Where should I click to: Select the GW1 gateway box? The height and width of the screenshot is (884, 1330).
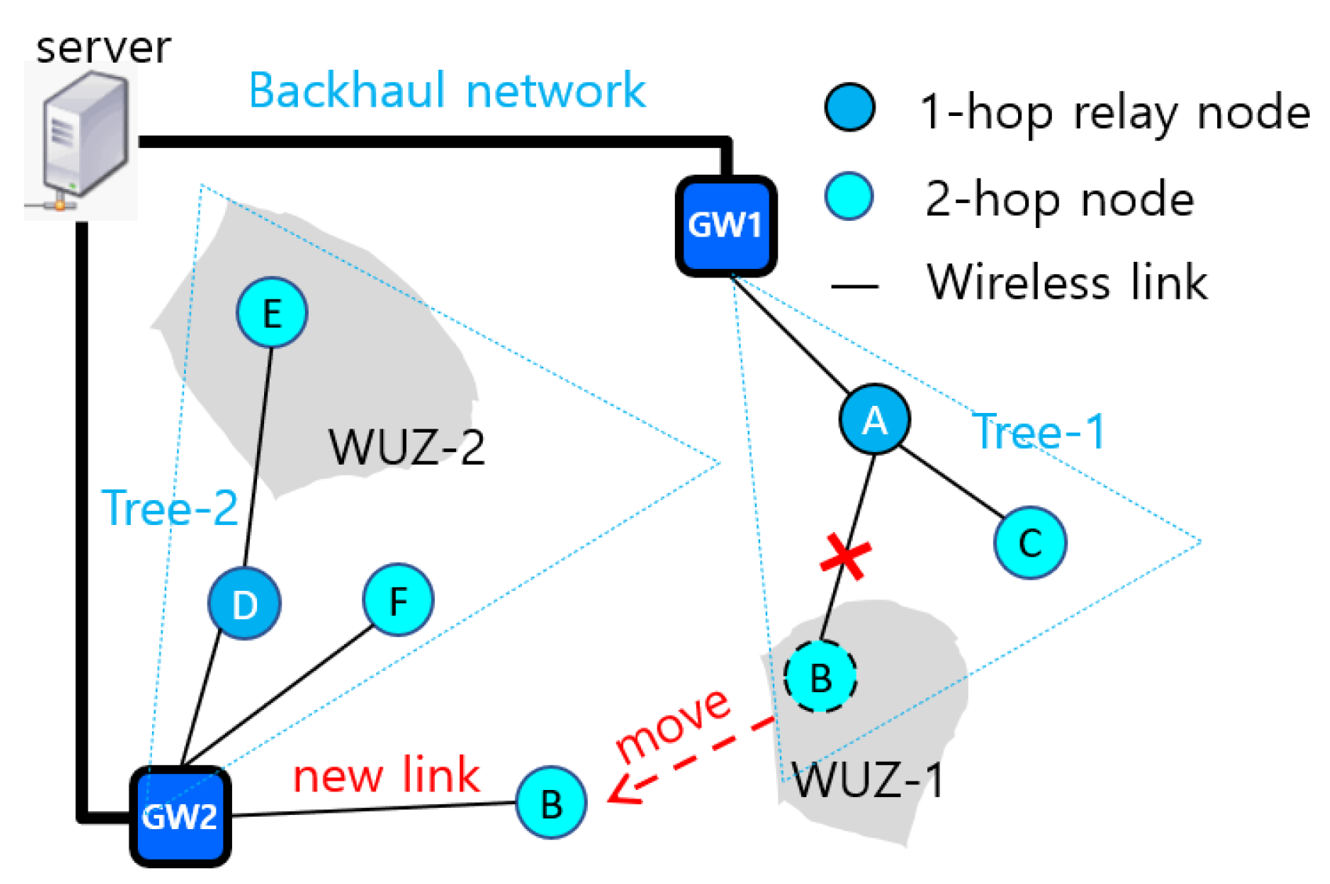pos(726,226)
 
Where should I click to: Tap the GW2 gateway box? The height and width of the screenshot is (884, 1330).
pos(180,816)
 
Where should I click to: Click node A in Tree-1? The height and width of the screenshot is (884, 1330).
pos(875,420)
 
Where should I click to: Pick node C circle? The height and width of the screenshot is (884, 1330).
pos(1030,542)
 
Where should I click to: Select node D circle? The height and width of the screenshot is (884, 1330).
pos(245,603)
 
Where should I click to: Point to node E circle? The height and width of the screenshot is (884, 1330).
pos(272,313)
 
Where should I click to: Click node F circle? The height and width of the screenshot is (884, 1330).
pos(398,600)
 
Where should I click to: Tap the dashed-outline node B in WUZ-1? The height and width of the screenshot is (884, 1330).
pos(820,676)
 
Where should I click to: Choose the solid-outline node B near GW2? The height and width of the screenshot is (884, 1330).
pos(551,802)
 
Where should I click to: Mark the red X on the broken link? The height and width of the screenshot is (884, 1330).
pos(845,557)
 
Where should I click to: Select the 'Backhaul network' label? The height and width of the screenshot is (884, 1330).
pos(447,90)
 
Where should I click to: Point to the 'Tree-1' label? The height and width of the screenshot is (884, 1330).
pos(1038,431)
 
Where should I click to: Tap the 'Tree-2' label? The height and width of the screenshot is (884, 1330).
pos(170,507)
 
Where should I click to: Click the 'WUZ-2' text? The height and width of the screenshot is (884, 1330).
pos(406,447)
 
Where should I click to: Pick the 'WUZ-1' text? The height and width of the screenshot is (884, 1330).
pos(868,780)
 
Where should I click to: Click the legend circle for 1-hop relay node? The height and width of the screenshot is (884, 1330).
pos(850,107)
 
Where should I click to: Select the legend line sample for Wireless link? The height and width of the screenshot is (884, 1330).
pos(853,286)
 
